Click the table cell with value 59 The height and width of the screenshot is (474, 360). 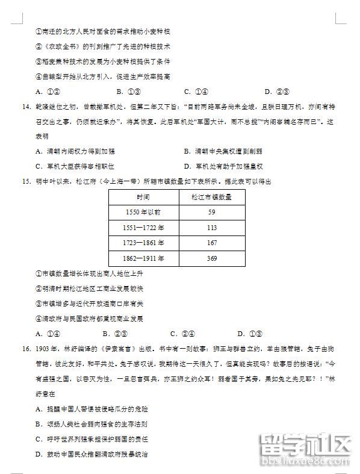coord(212,212)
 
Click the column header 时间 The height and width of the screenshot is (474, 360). coord(143,197)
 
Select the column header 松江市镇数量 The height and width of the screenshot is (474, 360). coord(212,197)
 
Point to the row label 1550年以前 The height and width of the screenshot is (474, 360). coord(143,212)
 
